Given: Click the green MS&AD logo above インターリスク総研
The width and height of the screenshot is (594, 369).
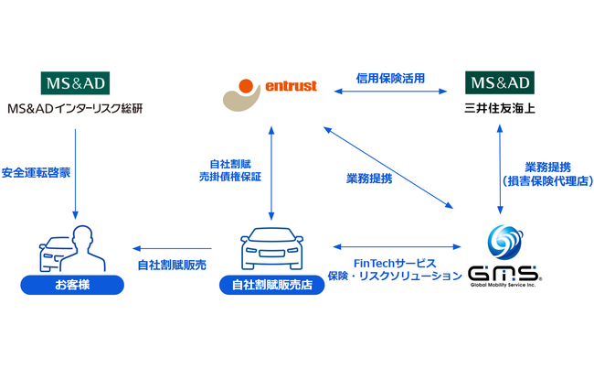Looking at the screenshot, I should pos(75,84).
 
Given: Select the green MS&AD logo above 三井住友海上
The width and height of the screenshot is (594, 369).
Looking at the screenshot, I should pos(500,84).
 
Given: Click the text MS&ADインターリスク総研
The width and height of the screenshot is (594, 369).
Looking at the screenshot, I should pos(75,110).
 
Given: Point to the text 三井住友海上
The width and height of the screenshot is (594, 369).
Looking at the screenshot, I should pos(500,110).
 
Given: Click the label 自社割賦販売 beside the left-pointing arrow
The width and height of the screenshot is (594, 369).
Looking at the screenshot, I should pos(172,265).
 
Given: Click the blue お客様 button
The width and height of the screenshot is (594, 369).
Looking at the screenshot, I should pos(73,287).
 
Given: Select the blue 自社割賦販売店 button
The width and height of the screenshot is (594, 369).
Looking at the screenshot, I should pos(271,287).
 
